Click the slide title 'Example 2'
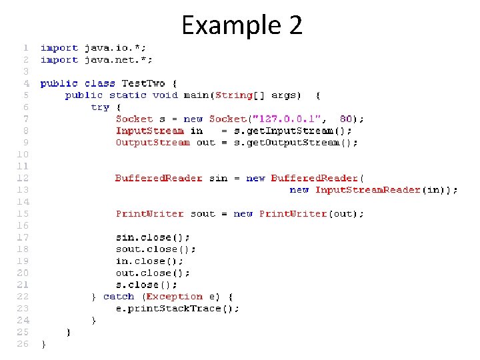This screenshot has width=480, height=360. click(241, 26)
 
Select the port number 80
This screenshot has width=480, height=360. click(346, 119)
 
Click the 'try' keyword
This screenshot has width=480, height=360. click(100, 107)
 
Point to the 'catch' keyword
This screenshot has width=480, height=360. click(119, 297)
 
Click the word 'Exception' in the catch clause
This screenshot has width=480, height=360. click(174, 297)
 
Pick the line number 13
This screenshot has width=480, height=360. click(23, 190)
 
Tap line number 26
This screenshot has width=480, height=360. click(23, 344)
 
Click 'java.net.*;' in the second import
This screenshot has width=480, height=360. click(118, 60)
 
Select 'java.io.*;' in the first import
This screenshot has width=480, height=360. click(115, 48)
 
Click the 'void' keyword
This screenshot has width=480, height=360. click(165, 95)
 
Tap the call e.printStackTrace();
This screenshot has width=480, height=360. click(177, 309)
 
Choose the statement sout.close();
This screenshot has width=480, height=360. click(156, 249)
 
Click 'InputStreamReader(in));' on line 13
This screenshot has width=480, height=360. click(386, 190)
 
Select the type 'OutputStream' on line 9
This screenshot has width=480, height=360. click(153, 143)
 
